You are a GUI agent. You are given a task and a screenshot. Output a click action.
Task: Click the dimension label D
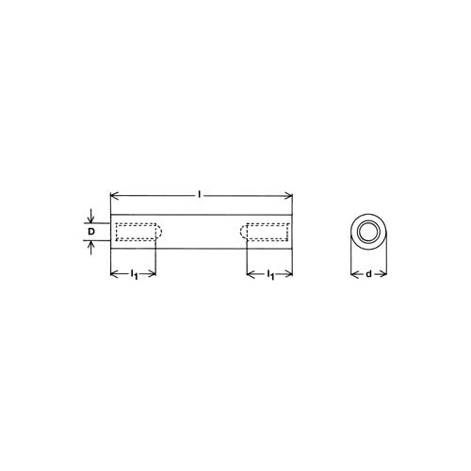tap(91, 232)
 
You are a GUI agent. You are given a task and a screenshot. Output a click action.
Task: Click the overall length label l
tap(199, 195)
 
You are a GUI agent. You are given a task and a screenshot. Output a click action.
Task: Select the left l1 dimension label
tap(134, 274)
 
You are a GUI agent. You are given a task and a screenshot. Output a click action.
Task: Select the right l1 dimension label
tap(270, 274)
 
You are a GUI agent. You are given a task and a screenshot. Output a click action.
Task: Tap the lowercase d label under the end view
tap(368, 274)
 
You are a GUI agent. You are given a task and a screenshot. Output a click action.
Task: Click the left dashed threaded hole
tap(138, 232)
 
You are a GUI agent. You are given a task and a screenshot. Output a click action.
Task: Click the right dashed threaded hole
tap(265, 232)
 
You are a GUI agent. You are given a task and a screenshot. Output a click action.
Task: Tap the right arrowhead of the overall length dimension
tap(288, 197)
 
